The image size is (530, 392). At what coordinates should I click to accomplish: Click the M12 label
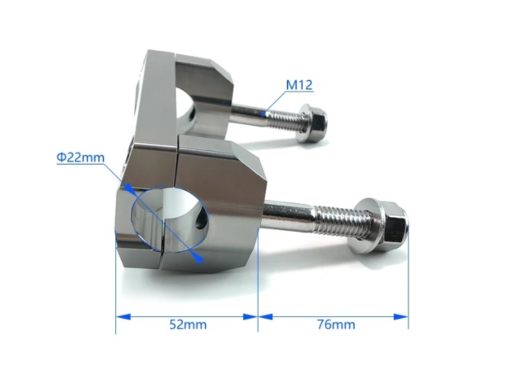(299, 85)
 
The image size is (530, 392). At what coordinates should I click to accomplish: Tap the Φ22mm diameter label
(81, 157)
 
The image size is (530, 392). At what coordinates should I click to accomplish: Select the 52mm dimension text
(188, 325)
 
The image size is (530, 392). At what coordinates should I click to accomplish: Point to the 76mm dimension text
(336, 325)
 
